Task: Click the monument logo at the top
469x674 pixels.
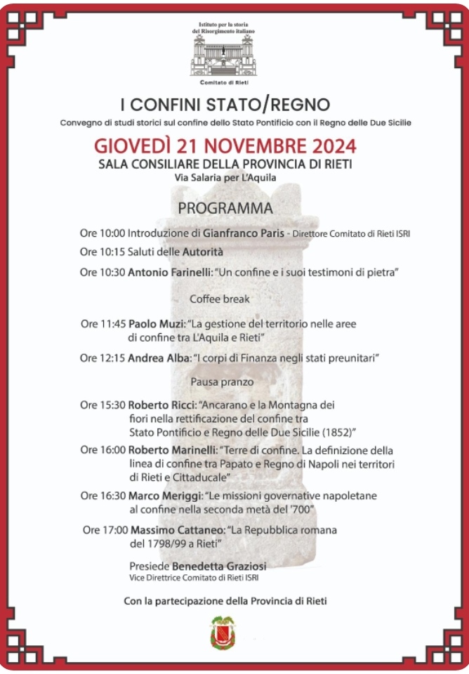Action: (x=224, y=57)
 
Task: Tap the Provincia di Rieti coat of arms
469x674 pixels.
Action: (x=223, y=632)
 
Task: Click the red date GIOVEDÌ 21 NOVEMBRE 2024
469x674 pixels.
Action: (x=225, y=146)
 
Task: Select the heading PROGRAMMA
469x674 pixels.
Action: (x=225, y=209)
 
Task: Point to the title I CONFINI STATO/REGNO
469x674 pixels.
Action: (x=225, y=105)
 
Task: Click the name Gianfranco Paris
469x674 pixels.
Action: (x=244, y=233)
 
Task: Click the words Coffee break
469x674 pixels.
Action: (x=220, y=299)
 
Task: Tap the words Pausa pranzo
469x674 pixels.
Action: (x=222, y=382)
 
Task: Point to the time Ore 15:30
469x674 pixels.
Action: (x=103, y=405)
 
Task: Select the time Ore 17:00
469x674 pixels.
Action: (x=105, y=529)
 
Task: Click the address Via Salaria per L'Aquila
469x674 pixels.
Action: (x=225, y=178)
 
